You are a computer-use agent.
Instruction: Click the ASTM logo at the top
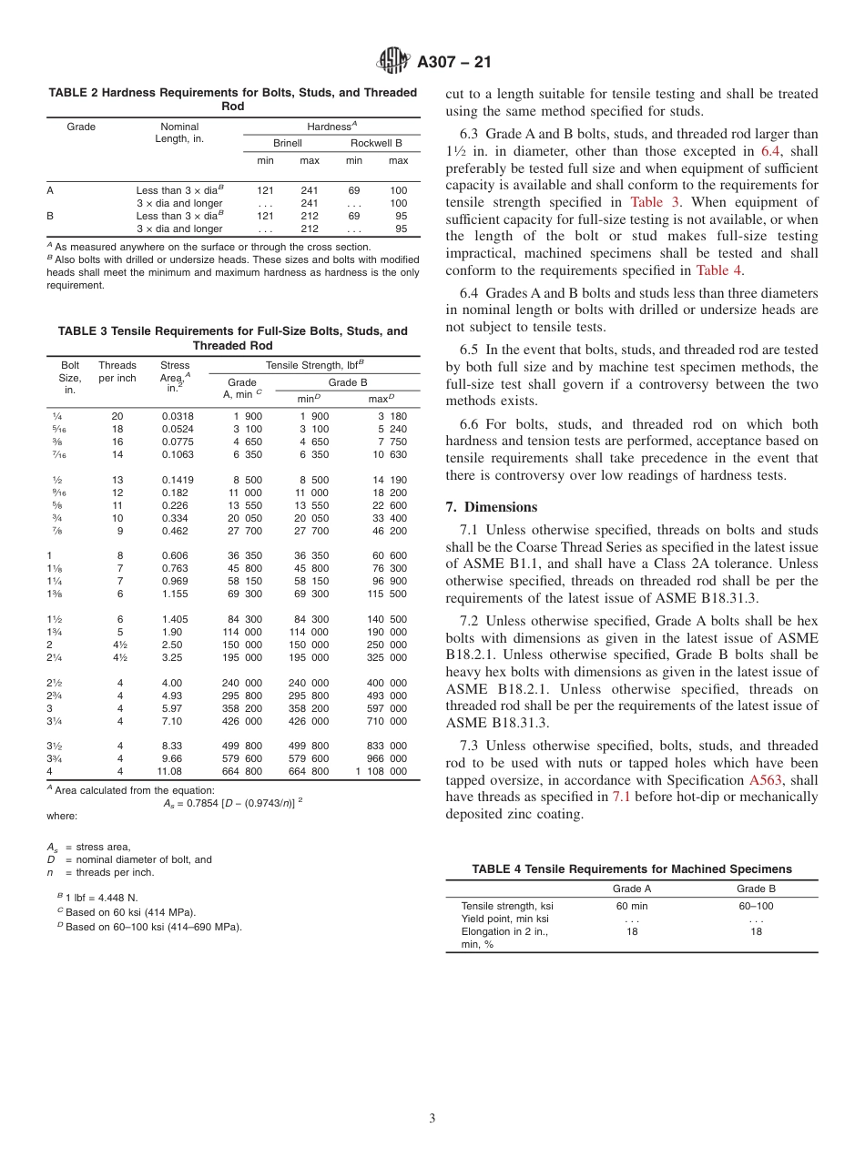click(x=394, y=62)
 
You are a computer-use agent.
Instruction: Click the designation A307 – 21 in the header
click(x=453, y=63)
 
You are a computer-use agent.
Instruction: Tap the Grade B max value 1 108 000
click(x=382, y=771)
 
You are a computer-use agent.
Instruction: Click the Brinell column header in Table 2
click(x=288, y=143)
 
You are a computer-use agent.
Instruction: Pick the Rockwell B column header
click(x=376, y=143)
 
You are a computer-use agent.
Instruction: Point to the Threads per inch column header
click(x=117, y=371)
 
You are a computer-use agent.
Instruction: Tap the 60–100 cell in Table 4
click(x=756, y=906)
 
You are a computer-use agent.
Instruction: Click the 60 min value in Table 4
click(x=632, y=906)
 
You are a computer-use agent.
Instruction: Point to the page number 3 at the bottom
click(x=432, y=1119)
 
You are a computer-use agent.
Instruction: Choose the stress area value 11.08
click(x=170, y=771)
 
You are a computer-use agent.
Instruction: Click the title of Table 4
click(x=632, y=869)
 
